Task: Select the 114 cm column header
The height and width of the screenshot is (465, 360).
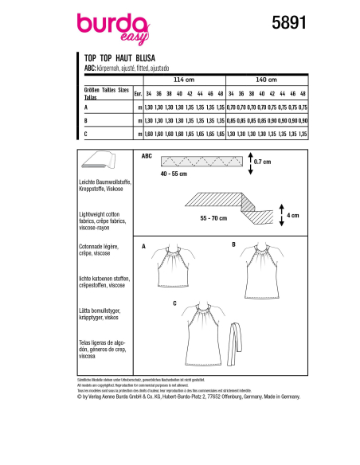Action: (183, 80)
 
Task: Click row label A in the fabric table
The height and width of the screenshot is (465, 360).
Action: (85, 106)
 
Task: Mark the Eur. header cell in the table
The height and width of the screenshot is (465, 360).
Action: (139, 92)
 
